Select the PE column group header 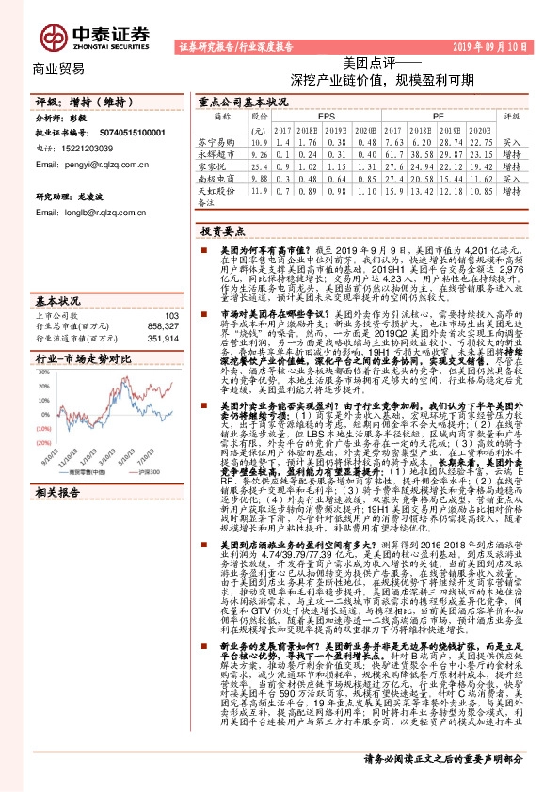[x=438, y=117]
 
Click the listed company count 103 [x=170, y=290]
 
